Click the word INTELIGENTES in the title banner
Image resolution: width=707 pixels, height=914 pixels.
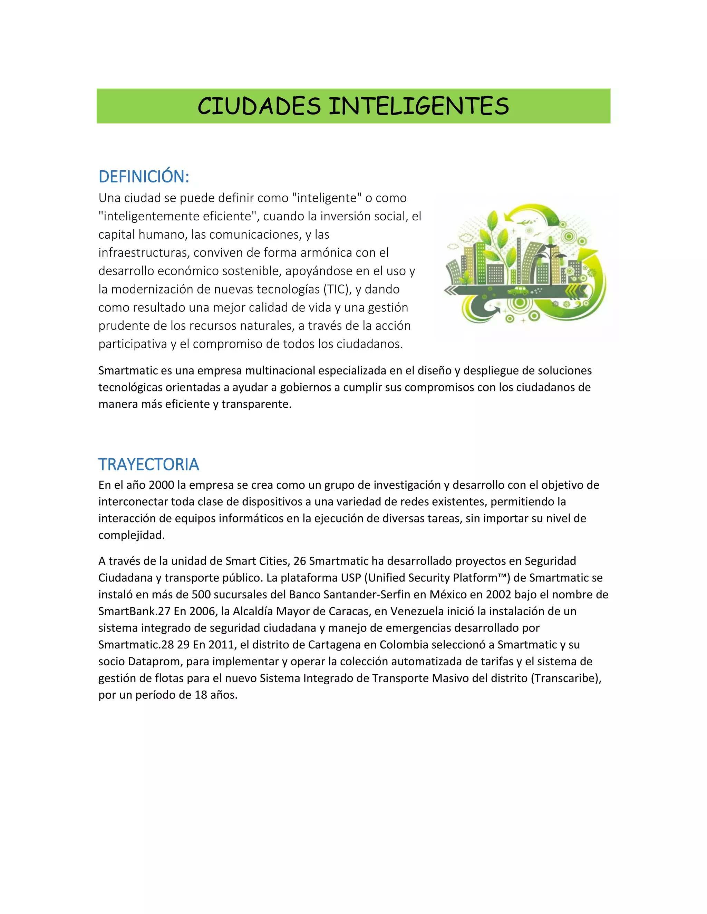coord(418,106)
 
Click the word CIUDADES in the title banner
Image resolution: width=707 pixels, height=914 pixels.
coord(259,106)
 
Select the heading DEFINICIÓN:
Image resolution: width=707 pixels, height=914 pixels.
coord(144,177)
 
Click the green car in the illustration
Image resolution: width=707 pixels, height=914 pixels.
coord(518,290)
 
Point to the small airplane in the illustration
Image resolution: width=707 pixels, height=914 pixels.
coord(524,222)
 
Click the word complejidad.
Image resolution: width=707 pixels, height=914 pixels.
coord(131,535)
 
